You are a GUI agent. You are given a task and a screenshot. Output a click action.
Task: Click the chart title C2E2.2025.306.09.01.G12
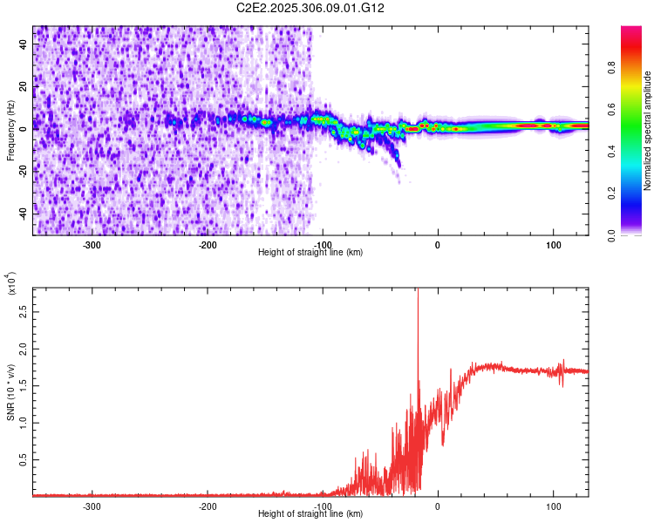[311, 8]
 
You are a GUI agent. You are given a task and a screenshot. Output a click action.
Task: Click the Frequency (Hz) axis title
[11, 131]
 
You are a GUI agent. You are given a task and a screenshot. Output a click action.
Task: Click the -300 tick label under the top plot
[92, 245]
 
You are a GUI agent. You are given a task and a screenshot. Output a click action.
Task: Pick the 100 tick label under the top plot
[553, 245]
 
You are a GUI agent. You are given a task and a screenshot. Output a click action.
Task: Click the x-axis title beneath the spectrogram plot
[311, 253]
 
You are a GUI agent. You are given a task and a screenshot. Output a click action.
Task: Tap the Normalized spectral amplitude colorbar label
[648, 131]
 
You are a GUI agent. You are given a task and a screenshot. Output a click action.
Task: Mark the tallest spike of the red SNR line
[418, 290]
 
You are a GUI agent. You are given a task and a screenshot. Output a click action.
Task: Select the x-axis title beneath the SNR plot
[311, 514]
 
